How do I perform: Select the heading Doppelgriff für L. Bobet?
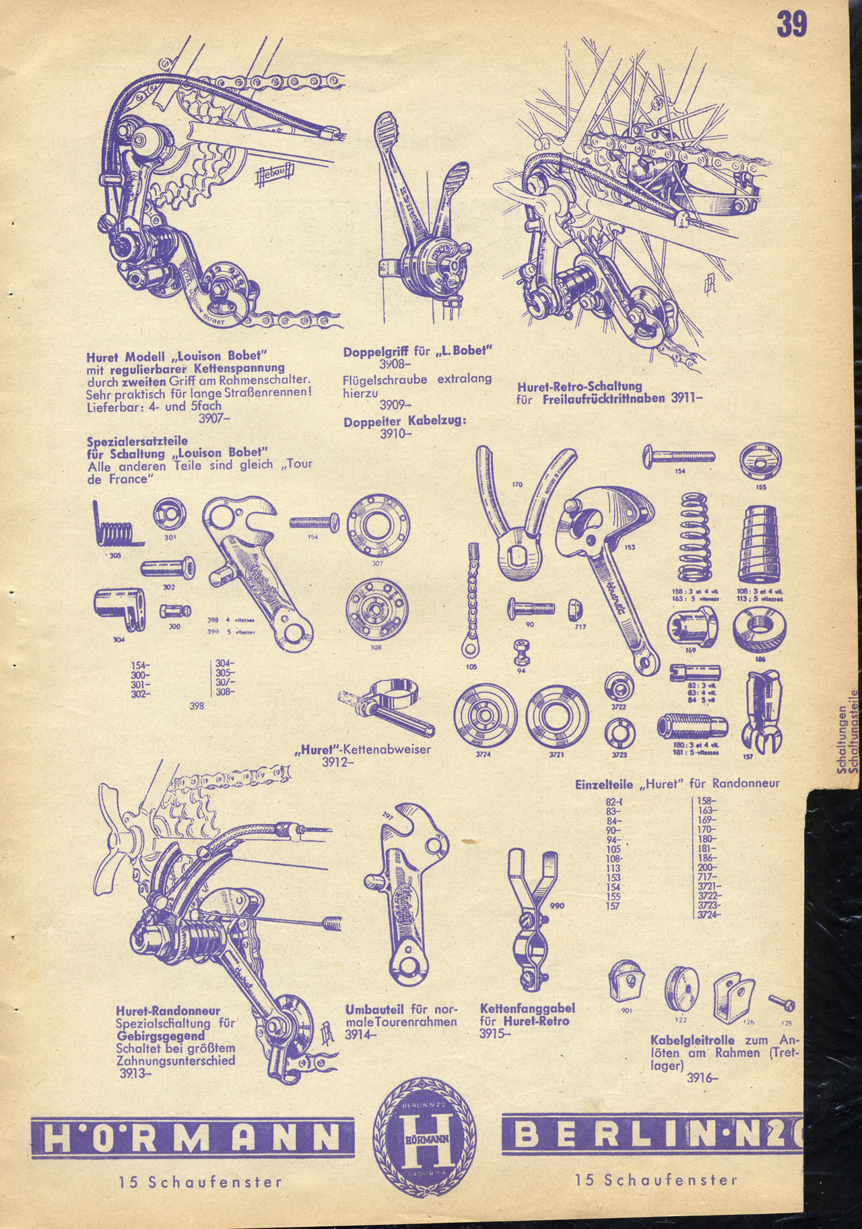(418, 352)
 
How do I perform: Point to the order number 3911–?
(687, 397)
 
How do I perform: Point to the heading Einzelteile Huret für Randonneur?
(677, 784)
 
